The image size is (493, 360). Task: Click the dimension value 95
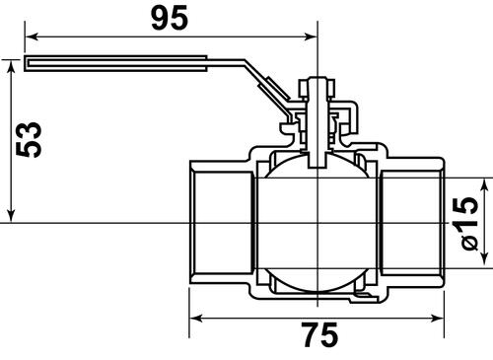pos(171,17)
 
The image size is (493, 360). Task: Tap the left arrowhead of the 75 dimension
pos(195,319)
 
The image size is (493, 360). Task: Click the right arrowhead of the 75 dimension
pos(441,319)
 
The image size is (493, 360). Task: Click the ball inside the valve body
pos(317,223)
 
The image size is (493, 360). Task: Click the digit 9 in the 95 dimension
pos(157,17)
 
